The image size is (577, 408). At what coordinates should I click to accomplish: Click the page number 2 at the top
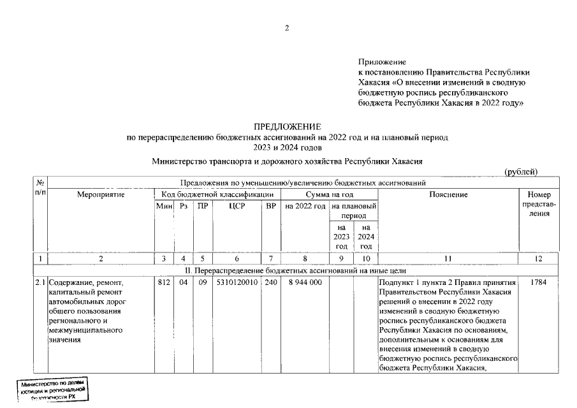(x=287, y=27)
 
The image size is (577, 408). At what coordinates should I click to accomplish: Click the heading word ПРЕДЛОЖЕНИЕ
(x=288, y=127)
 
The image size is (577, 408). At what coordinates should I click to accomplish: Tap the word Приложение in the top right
(x=382, y=62)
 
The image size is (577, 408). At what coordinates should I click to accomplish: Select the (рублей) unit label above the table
(x=521, y=172)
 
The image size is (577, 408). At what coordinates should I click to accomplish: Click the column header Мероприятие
(x=101, y=194)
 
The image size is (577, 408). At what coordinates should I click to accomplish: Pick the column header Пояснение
(x=448, y=194)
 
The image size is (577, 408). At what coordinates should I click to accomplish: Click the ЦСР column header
(x=237, y=207)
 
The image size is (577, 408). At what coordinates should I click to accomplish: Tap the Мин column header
(x=164, y=207)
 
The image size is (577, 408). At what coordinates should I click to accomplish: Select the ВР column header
(x=270, y=207)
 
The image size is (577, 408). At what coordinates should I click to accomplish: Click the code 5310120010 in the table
(x=237, y=281)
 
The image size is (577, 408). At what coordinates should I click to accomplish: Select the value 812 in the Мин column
(x=164, y=281)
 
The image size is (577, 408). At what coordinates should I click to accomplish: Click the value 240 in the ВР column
(x=270, y=281)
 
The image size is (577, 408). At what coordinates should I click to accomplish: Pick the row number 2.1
(x=40, y=281)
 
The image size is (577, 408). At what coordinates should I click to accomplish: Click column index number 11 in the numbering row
(x=448, y=258)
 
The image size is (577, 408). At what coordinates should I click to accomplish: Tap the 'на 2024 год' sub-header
(x=365, y=237)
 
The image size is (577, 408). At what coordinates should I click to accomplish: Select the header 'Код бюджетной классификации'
(x=217, y=194)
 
